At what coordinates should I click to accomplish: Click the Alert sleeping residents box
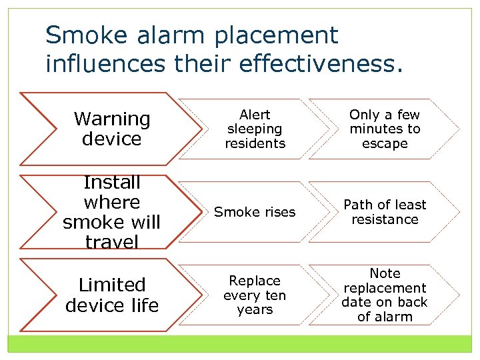tap(255, 129)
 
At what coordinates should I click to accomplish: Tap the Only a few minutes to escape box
tap(385, 129)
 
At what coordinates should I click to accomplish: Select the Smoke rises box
tap(255, 212)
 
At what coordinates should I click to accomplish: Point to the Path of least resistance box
tap(385, 212)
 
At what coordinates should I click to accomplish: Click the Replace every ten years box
tap(255, 295)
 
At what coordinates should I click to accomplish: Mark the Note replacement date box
tap(385, 295)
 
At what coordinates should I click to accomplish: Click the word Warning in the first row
tap(112, 119)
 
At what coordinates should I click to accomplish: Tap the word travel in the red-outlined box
tap(112, 241)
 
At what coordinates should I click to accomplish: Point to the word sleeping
tap(255, 129)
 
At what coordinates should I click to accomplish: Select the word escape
tap(385, 143)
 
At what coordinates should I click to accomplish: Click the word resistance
tap(385, 219)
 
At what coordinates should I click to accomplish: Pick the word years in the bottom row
tap(255, 309)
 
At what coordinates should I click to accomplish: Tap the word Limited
tap(112, 285)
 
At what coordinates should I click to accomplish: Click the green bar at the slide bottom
tap(240, 344)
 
